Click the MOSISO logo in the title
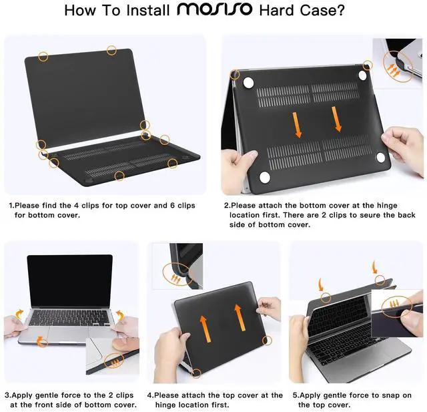[214, 9]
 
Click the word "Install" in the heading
[148, 11]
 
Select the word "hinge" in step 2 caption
[387, 206]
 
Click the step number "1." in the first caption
[11, 206]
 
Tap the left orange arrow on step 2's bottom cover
[297, 125]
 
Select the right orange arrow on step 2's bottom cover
[336, 119]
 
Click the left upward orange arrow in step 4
[205, 329]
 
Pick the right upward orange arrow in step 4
[240, 317]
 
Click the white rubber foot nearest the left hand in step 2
[265, 178]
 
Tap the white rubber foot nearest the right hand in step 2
[381, 158]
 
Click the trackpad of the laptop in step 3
[69, 333]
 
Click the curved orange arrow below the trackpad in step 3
[41, 341]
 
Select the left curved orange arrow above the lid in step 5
[321, 284]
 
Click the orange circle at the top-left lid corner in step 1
[43, 57]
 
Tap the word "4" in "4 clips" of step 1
[77, 206]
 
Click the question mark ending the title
[340, 10]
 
